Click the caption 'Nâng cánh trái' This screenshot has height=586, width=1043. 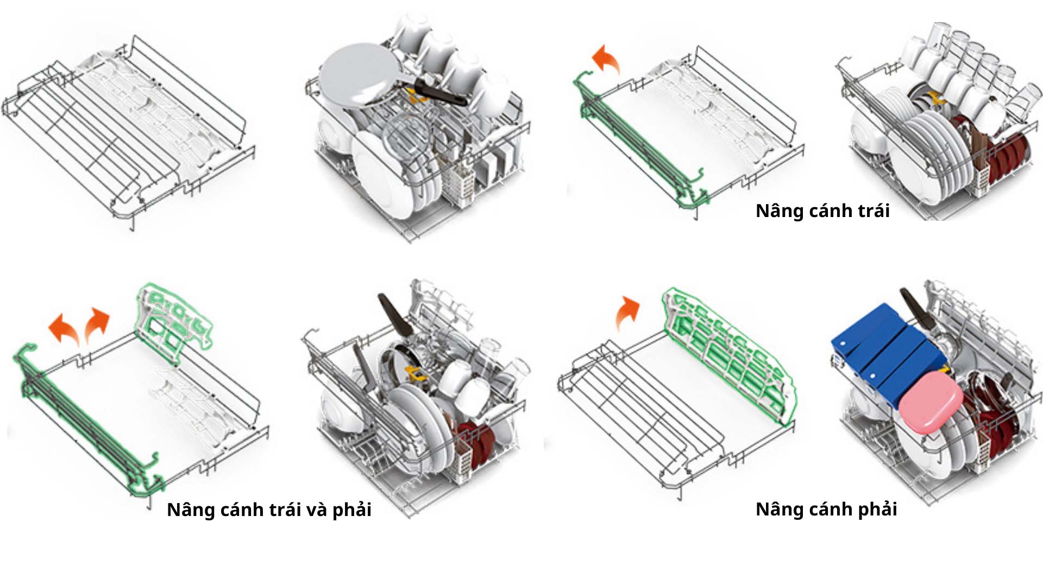(x=822, y=211)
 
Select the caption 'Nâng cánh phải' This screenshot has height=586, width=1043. (x=826, y=509)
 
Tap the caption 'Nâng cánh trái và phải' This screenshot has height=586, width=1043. (x=269, y=509)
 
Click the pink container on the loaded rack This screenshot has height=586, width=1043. (x=929, y=402)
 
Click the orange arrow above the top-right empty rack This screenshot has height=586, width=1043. (x=607, y=59)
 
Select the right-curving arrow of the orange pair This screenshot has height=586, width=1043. (x=97, y=322)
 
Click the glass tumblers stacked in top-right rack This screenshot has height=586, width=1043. (x=972, y=65)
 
